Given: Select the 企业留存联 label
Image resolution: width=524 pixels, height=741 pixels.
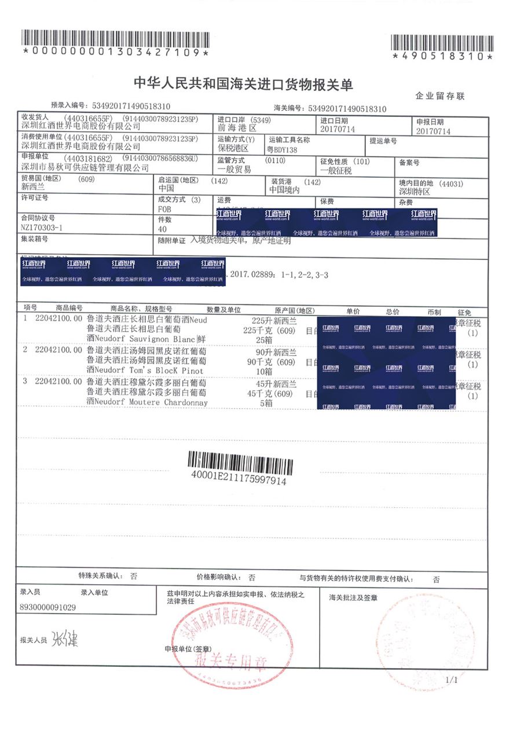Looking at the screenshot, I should (440, 96).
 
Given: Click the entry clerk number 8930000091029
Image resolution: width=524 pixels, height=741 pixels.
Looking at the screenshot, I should (47, 608).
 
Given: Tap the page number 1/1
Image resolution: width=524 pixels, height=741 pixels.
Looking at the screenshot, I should (451, 680).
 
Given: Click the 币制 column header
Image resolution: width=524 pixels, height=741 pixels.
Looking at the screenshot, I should (434, 311).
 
